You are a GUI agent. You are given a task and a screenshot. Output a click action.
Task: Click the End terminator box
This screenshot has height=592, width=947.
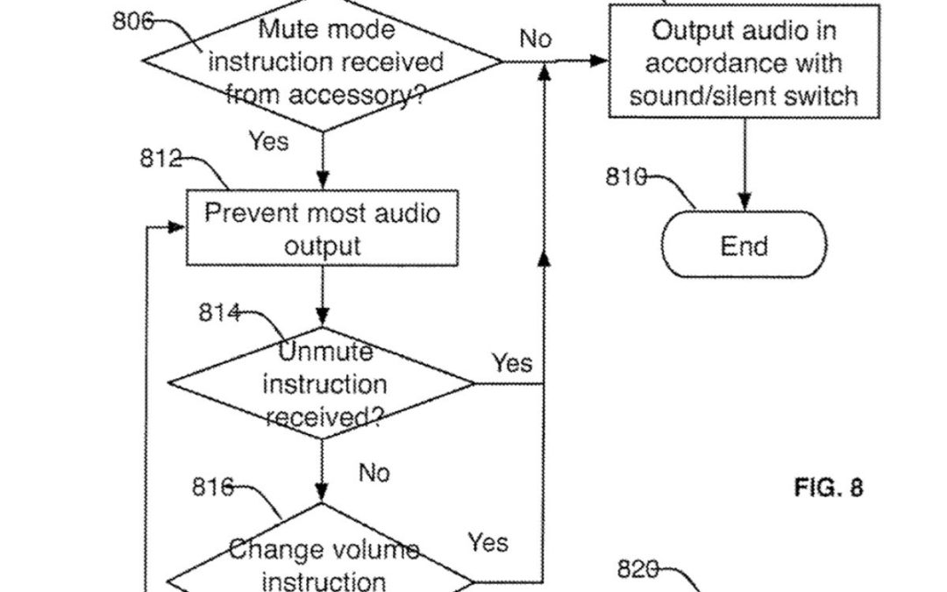pos(744,246)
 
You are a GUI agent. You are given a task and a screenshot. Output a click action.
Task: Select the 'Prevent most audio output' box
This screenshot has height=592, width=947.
pos(322,228)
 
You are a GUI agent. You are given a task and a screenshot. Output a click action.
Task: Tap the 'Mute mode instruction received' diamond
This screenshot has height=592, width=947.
pos(324,63)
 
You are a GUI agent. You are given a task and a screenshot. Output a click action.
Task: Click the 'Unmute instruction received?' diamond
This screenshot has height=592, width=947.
pos(323,383)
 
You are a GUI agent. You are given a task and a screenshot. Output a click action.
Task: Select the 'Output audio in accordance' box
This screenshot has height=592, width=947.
pos(744,61)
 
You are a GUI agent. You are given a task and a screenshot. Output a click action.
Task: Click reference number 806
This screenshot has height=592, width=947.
pos(132,22)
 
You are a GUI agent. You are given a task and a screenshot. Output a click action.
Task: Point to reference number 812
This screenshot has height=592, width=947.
pos(160,159)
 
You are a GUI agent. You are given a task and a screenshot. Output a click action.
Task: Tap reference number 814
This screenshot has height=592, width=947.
pos(219,312)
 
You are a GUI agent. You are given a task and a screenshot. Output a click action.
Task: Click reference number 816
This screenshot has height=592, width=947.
pos(213,488)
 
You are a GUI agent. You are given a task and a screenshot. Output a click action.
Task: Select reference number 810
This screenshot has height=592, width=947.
pos(626,176)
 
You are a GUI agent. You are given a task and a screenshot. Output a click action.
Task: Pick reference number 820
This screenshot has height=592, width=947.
pos(637,569)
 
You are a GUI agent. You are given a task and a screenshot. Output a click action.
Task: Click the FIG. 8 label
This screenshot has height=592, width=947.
pos(828,488)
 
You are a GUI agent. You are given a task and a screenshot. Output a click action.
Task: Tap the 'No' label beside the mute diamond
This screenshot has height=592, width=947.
pos(536,39)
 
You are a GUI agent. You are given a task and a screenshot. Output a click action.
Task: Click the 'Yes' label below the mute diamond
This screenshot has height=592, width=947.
pos(267,140)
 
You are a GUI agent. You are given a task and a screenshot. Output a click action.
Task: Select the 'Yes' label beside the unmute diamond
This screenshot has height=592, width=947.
pos(511,362)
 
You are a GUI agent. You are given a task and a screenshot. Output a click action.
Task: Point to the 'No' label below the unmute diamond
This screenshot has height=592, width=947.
pos(374,473)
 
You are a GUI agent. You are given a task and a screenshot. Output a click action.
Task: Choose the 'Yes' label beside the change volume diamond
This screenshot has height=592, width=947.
pos(488,542)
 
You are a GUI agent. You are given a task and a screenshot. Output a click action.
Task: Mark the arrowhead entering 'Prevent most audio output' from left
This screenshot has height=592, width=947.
pos(178,227)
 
